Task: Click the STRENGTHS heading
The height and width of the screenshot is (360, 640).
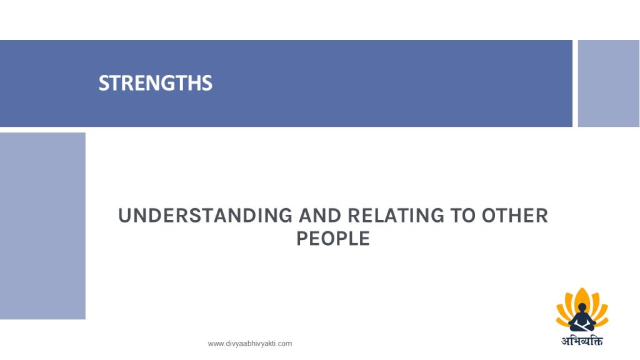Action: [x=156, y=83]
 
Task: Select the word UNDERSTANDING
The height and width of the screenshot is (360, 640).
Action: [x=205, y=216]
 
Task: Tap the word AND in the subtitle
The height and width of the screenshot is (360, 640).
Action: [x=320, y=216]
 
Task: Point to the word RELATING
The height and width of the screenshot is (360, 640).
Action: [x=396, y=216]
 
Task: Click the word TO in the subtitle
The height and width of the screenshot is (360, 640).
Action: [x=463, y=216]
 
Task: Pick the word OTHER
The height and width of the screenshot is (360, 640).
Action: [x=515, y=216]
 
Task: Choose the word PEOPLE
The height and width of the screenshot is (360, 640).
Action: [x=333, y=238]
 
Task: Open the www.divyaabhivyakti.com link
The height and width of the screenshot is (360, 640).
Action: [x=250, y=344]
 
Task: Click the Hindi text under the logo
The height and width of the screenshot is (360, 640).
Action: [x=582, y=340]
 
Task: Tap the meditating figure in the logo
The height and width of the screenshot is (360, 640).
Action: [x=582, y=317]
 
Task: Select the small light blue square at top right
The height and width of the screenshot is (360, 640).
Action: [x=609, y=83]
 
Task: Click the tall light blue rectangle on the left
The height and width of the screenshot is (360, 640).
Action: [x=42, y=226]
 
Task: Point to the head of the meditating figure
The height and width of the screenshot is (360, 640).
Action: [x=582, y=307]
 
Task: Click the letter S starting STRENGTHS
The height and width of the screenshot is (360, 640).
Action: [x=103, y=83]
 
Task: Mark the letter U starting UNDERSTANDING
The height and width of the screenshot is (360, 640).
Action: [x=125, y=216]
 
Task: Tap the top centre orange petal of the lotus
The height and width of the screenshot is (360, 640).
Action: [x=582, y=296]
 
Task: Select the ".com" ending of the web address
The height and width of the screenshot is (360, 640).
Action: [x=284, y=344]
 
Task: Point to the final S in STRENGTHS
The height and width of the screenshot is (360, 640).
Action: [x=207, y=83]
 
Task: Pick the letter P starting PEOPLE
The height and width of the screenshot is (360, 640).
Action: [x=302, y=238]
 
